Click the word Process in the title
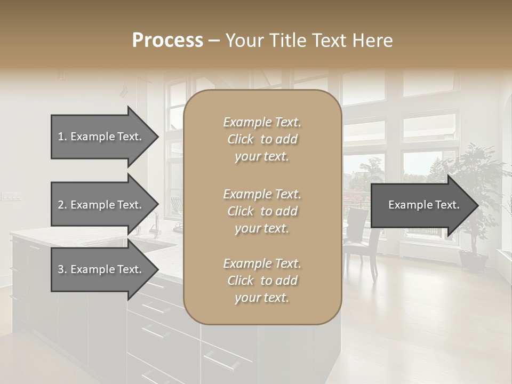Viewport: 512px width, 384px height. point(167,40)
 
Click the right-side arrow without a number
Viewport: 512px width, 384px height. point(423,205)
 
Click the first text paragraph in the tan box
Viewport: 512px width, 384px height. point(262,139)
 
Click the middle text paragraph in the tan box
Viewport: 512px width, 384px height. point(262,211)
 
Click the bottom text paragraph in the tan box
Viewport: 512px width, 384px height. point(262,281)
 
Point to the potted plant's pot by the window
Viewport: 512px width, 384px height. point(473,261)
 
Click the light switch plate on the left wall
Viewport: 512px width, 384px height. point(10,196)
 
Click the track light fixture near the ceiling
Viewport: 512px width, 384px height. point(124,91)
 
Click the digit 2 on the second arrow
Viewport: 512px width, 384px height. point(61,205)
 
